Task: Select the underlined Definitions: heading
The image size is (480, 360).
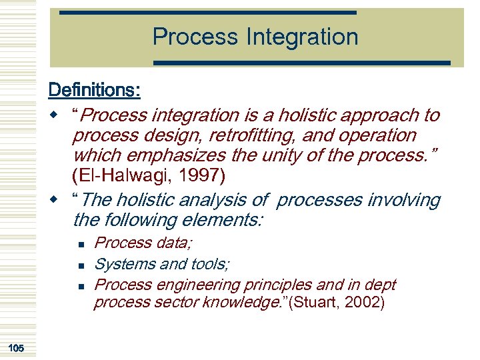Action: (x=93, y=89)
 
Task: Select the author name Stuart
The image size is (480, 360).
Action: (x=317, y=303)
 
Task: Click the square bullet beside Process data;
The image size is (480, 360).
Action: (x=79, y=245)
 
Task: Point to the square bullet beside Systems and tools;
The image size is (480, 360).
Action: (x=79, y=266)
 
